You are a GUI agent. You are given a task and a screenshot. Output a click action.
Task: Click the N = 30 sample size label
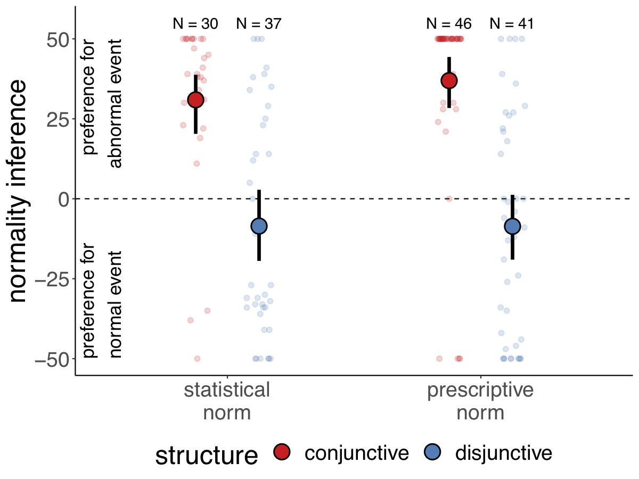pos(195,24)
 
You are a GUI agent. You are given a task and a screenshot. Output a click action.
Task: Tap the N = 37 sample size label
pos(258,24)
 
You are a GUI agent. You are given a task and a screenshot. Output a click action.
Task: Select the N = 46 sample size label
pos(449,24)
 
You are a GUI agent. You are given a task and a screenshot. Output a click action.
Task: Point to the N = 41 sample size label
pos(512,24)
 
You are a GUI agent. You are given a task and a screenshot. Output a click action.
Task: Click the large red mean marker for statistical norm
pos(195,100)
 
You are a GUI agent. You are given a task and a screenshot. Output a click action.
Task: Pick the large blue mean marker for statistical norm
pos(259,226)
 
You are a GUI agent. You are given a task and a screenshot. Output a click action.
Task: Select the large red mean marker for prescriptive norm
pos(449,81)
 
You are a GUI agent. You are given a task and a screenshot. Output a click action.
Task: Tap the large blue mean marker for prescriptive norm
pos(512,226)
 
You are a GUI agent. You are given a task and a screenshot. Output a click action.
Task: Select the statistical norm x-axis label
pos(227,401)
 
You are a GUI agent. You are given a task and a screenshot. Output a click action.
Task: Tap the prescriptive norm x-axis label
pos(480,401)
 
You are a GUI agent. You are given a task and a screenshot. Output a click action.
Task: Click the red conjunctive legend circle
pos(282,453)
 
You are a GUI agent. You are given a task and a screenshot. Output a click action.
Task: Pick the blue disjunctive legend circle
pos(432,453)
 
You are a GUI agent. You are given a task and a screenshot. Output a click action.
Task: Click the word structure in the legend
pos(207,455)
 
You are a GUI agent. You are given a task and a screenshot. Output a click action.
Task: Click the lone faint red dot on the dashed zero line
pos(449,199)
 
